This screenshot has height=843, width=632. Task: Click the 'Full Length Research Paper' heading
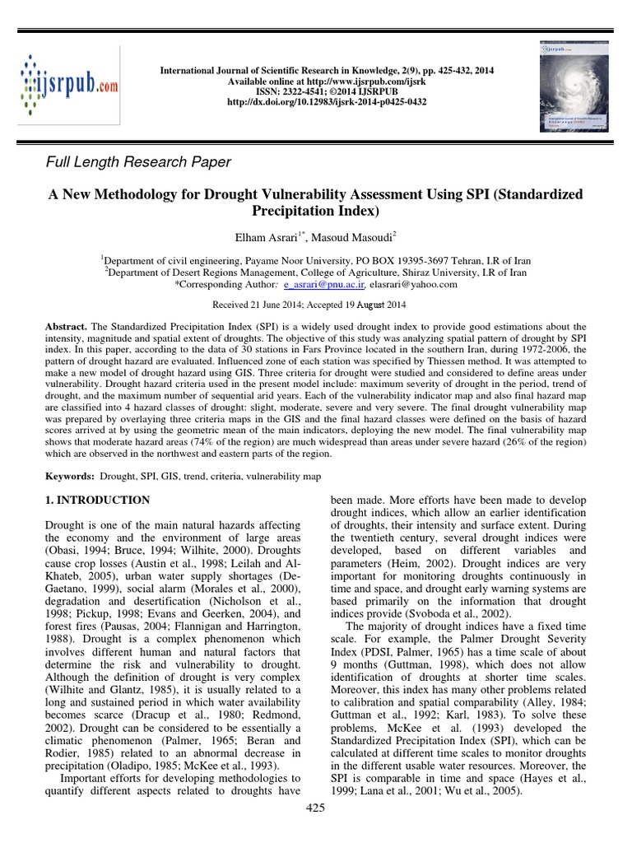[x=137, y=162]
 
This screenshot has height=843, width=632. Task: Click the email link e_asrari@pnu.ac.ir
[x=319, y=285]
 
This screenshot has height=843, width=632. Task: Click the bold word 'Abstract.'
[x=67, y=327]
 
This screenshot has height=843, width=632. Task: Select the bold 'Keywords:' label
[x=67, y=477]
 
